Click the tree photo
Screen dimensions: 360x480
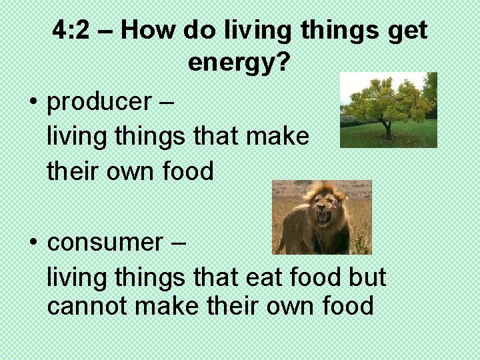click(x=388, y=110)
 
